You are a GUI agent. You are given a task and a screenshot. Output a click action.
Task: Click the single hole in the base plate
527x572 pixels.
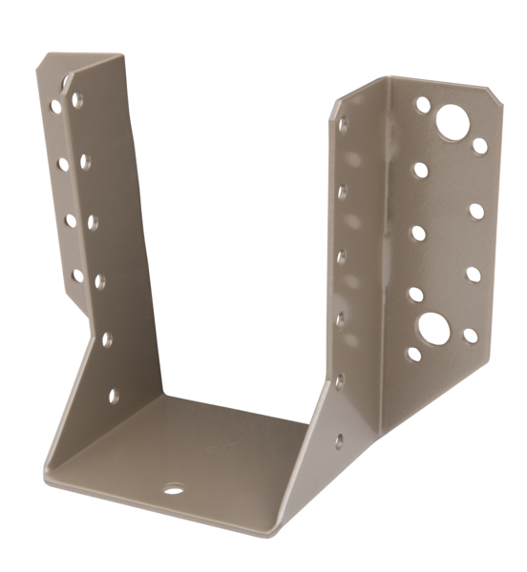click(173, 490)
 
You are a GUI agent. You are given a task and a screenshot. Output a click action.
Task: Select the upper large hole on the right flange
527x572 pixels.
click(453, 123)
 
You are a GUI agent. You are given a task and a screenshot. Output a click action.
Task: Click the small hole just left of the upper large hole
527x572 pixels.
click(422, 105)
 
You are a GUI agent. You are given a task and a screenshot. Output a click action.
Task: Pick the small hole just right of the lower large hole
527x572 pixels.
click(470, 336)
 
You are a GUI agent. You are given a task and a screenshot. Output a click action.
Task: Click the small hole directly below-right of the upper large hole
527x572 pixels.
click(479, 146)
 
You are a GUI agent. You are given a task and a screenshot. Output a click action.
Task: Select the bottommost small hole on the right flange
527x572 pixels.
click(414, 354)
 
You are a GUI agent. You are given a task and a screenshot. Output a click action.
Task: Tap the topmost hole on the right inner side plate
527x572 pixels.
click(344, 124)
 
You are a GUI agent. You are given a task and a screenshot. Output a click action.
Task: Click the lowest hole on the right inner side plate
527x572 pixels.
click(339, 440)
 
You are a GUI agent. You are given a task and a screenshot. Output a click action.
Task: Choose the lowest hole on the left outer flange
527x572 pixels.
click(77, 276)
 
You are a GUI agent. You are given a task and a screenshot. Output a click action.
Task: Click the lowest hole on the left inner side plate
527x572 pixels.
click(114, 395)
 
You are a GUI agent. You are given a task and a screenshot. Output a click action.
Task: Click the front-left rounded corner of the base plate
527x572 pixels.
click(48, 472)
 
